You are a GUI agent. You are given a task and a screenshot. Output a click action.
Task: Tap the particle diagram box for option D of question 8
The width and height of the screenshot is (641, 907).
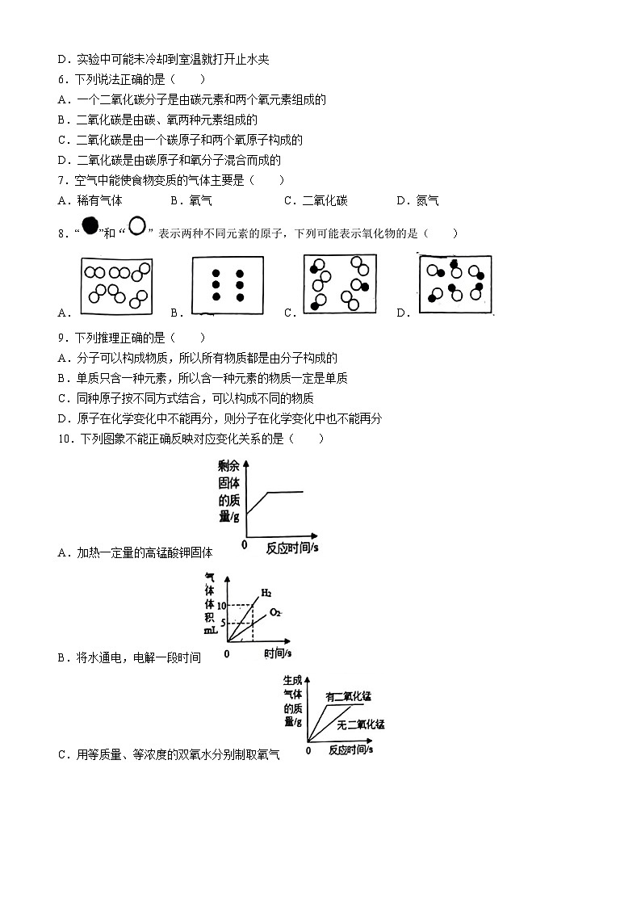455,283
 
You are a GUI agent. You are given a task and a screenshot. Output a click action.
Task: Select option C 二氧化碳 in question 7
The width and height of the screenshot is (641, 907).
319,201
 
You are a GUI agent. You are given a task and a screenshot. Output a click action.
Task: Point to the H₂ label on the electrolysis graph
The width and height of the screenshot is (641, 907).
266,594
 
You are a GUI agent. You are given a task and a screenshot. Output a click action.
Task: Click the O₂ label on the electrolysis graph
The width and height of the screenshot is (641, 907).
275,612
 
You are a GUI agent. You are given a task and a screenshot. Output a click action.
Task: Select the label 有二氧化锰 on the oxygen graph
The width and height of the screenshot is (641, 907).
353,696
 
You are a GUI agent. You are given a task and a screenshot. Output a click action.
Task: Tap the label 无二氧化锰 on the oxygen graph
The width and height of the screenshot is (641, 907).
361,724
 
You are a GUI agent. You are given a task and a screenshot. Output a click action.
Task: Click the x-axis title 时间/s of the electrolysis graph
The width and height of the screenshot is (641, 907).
277,652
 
